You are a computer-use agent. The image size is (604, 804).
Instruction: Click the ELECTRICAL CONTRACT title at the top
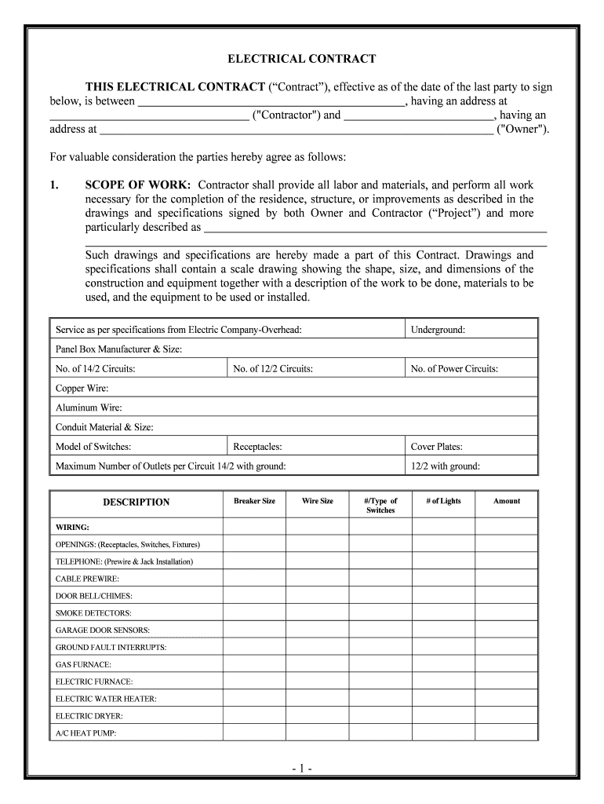pos(302,59)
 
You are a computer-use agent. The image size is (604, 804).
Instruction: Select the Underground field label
pos(438,330)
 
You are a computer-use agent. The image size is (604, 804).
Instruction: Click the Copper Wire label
pos(82,388)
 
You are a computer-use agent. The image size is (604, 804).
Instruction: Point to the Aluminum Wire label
pos(89,407)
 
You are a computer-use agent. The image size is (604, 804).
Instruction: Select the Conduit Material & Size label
pos(104,427)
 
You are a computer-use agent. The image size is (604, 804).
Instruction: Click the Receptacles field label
pos(257,447)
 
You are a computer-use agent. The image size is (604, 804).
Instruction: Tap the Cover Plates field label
pos(436,447)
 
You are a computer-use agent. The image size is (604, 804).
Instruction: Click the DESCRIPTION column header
pos(136,502)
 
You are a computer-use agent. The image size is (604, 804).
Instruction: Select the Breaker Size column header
pos(254,501)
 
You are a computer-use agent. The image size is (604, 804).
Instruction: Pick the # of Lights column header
pos(444,501)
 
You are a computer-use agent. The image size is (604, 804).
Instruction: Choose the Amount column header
pos(506,501)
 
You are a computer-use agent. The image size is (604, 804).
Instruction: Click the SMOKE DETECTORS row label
pos(93,613)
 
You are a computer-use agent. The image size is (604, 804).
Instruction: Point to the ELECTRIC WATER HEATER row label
pos(106,699)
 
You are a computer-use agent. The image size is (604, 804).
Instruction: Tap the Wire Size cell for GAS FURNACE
pos(317,664)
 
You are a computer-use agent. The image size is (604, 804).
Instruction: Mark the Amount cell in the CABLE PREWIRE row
pos(506,579)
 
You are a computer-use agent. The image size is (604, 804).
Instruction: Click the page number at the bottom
pos(302,766)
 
